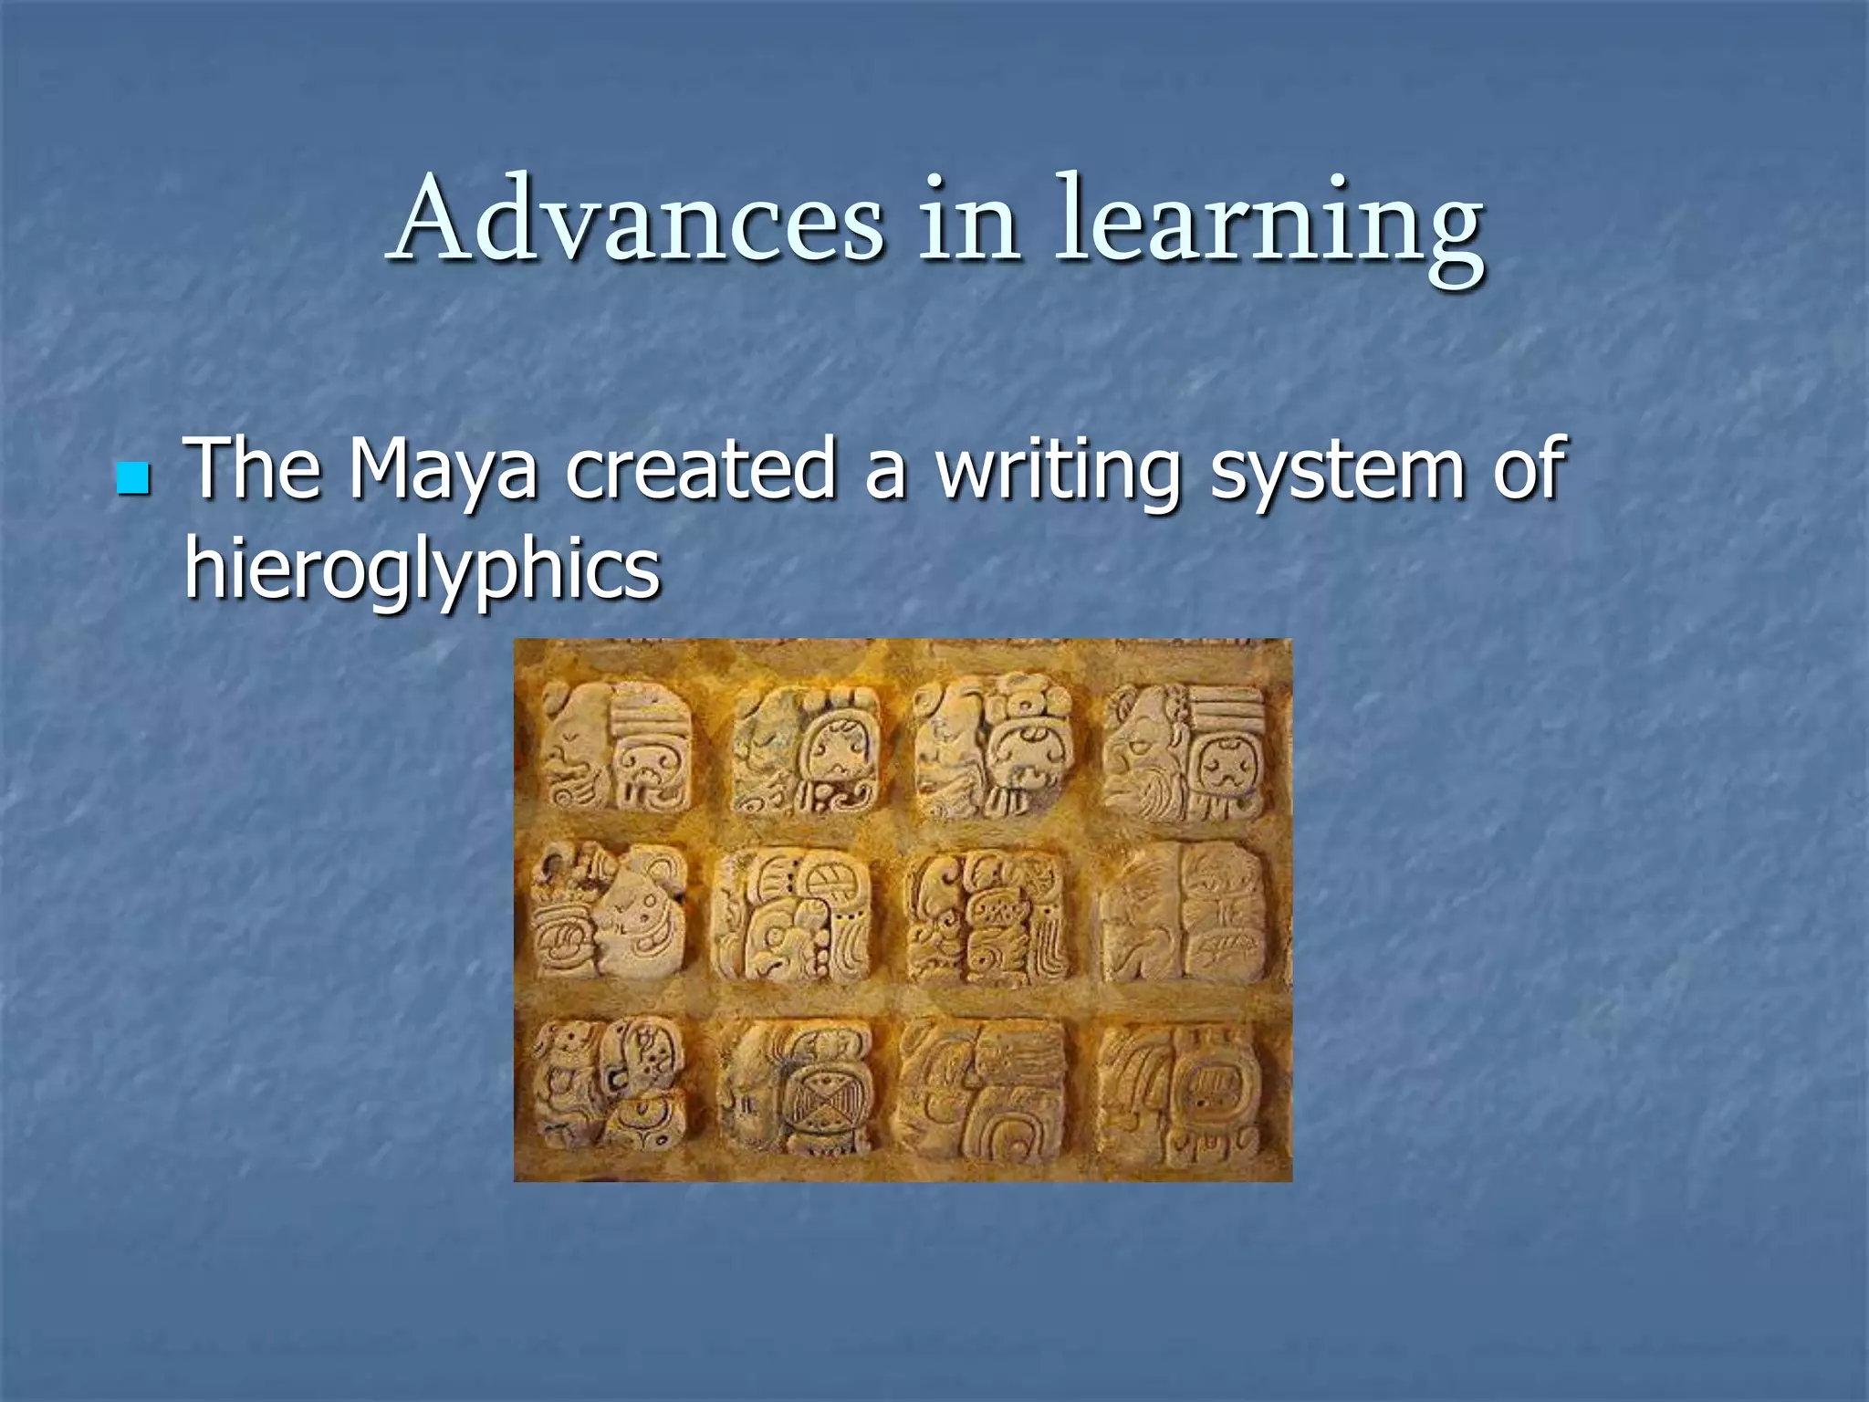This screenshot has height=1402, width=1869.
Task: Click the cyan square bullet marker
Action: [x=133, y=478]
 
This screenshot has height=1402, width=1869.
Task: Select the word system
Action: [x=1337, y=473]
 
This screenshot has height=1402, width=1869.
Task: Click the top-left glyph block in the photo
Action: [x=616, y=747]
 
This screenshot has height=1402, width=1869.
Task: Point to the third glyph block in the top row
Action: [x=995, y=747]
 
